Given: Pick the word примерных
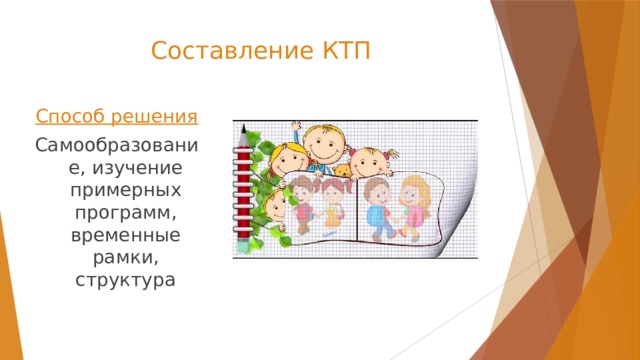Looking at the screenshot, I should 118,190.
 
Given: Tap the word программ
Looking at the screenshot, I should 116,212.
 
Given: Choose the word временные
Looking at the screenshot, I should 118,234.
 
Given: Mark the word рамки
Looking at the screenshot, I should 118,256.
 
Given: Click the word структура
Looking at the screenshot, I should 118,278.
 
